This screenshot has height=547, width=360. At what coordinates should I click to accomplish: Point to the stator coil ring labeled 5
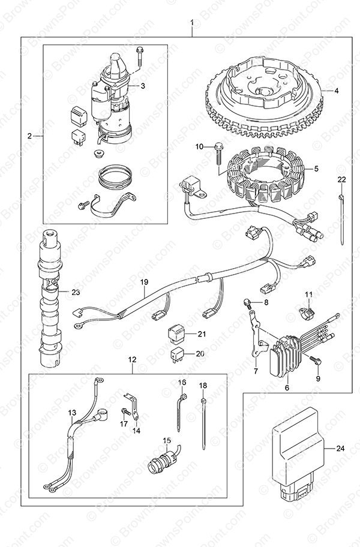click(x=264, y=177)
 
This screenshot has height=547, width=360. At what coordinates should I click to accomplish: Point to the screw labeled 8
click(x=247, y=305)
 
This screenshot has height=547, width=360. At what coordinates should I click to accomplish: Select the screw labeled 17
click(x=126, y=412)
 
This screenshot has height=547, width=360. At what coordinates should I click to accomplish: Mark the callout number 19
click(x=143, y=281)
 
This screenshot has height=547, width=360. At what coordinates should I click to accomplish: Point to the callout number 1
click(x=192, y=24)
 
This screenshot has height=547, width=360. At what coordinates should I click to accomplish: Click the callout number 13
click(x=72, y=413)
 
